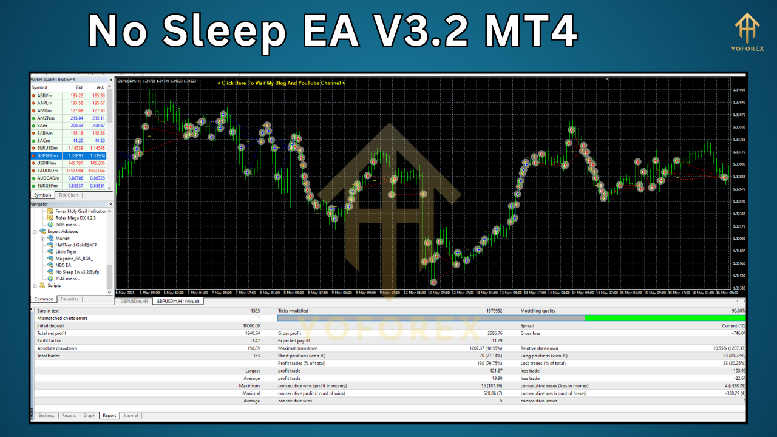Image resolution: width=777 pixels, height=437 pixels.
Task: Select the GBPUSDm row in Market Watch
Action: [49, 155]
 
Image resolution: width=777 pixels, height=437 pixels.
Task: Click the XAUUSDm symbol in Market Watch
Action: [49, 171]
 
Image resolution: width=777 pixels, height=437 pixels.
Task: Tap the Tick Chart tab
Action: [68, 195]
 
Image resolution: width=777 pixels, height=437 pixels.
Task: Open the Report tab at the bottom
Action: [109, 416]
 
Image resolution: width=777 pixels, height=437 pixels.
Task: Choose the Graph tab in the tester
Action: [89, 416]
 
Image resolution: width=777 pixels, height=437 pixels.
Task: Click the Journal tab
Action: [131, 416]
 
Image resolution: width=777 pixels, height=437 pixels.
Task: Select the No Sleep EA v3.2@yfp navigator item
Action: [77, 272]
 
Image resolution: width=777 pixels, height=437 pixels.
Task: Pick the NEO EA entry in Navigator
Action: [64, 265]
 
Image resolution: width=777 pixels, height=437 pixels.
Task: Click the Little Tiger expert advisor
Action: [66, 251]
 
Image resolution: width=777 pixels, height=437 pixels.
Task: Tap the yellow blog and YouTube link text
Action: [281, 83]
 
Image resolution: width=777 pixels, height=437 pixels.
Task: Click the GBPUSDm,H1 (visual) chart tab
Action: [178, 301]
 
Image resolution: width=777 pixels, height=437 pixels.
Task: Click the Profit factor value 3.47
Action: [254, 341]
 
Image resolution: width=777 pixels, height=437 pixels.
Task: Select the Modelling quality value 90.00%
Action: [736, 311]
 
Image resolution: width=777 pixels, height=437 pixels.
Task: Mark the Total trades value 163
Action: [255, 356]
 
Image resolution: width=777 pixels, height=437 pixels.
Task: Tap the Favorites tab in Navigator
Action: [70, 299]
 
